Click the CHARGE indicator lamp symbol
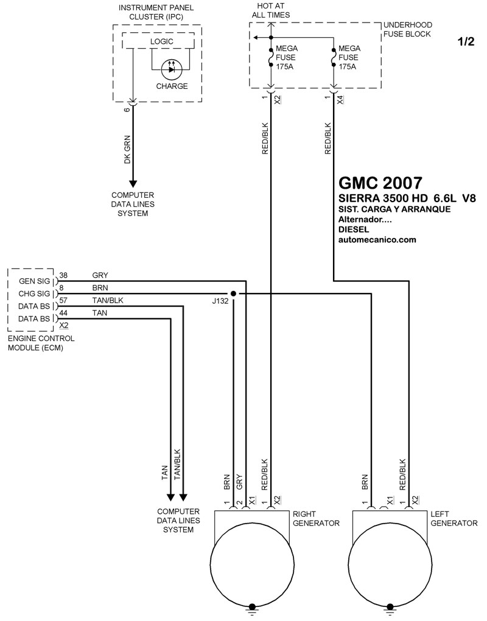point(172,69)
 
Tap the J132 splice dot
point(233,293)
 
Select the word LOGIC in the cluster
point(161,41)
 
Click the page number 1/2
point(466,41)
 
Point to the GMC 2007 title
point(380,183)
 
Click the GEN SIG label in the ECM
point(35,281)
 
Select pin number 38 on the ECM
point(63,275)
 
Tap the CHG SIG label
point(35,294)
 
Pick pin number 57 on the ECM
point(63,300)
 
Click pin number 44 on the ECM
point(63,313)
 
